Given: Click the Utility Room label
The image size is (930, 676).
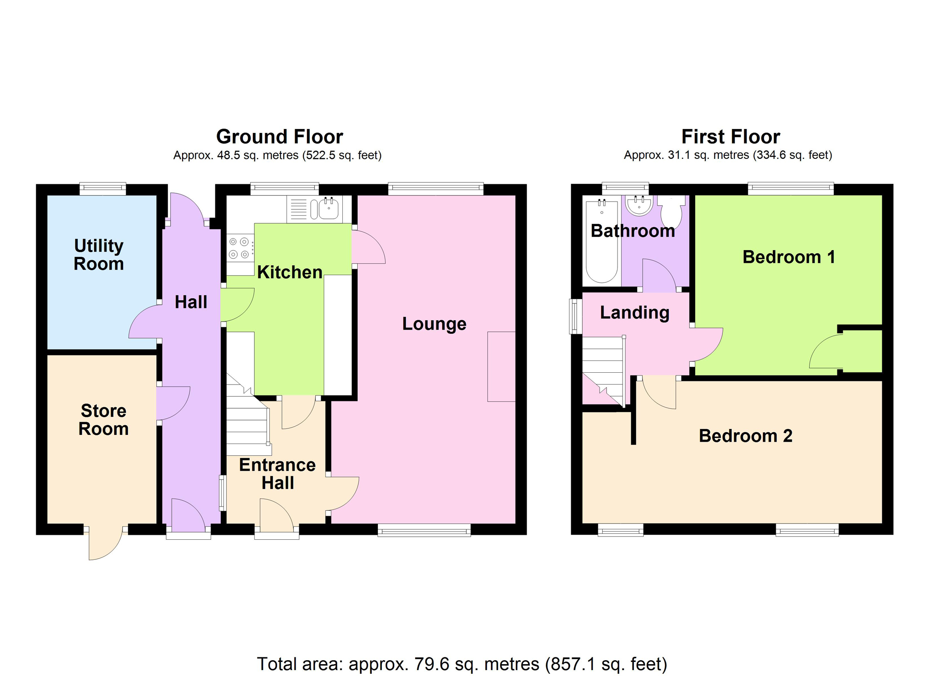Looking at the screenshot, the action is [99, 255].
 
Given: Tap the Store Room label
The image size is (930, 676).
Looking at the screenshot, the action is [104, 419].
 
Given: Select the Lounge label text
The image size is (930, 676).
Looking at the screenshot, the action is [434, 324].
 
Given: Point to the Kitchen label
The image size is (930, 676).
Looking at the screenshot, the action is [290, 272].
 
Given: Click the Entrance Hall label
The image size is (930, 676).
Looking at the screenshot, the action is [277, 474].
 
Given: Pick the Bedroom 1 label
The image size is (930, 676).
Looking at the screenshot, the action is [789, 257].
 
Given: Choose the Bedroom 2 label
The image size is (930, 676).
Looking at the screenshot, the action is [746, 436].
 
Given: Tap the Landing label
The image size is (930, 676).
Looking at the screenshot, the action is [635, 313].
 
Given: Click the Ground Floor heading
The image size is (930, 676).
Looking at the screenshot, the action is [279, 136].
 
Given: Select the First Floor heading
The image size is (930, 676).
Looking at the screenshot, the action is [731, 136].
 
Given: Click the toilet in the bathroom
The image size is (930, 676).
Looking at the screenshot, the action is [672, 212].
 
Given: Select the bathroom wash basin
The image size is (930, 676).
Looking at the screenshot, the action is [639, 205].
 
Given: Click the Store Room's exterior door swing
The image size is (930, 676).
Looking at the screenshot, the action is [105, 543].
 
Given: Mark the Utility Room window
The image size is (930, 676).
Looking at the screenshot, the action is [103, 189].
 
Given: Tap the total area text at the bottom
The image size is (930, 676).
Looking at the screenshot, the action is [462, 664].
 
